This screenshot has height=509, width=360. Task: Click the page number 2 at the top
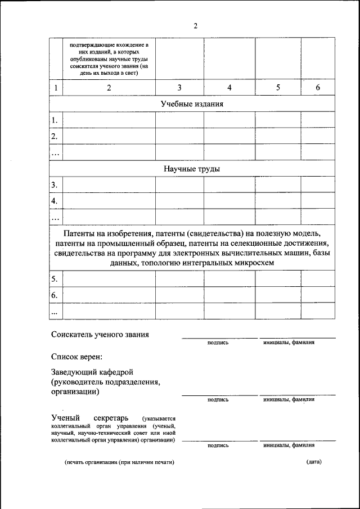tap(195, 25)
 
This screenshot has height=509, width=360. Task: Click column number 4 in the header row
tap(229, 88)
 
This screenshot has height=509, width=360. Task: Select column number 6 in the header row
tap(318, 88)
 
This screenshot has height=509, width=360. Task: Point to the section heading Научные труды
tap(192, 169)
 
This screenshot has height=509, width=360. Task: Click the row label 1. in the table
tap(55, 120)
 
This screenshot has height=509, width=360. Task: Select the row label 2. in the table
tap(55, 137)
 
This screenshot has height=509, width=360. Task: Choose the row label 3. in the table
tap(55, 185)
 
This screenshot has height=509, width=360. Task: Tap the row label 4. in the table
tap(55, 201)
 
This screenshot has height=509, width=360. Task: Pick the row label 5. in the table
tap(55, 279)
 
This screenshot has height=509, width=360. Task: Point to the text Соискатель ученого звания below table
tap(100, 335)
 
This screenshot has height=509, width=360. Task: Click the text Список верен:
tap(76, 356)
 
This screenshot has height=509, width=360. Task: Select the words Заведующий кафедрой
tap(92, 372)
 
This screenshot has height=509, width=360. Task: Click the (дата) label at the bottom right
tap(314, 462)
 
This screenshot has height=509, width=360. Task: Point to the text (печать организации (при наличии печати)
tap(119, 462)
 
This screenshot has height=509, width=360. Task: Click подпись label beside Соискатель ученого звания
tap(218, 343)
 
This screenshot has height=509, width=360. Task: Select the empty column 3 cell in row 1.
tap(179, 120)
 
